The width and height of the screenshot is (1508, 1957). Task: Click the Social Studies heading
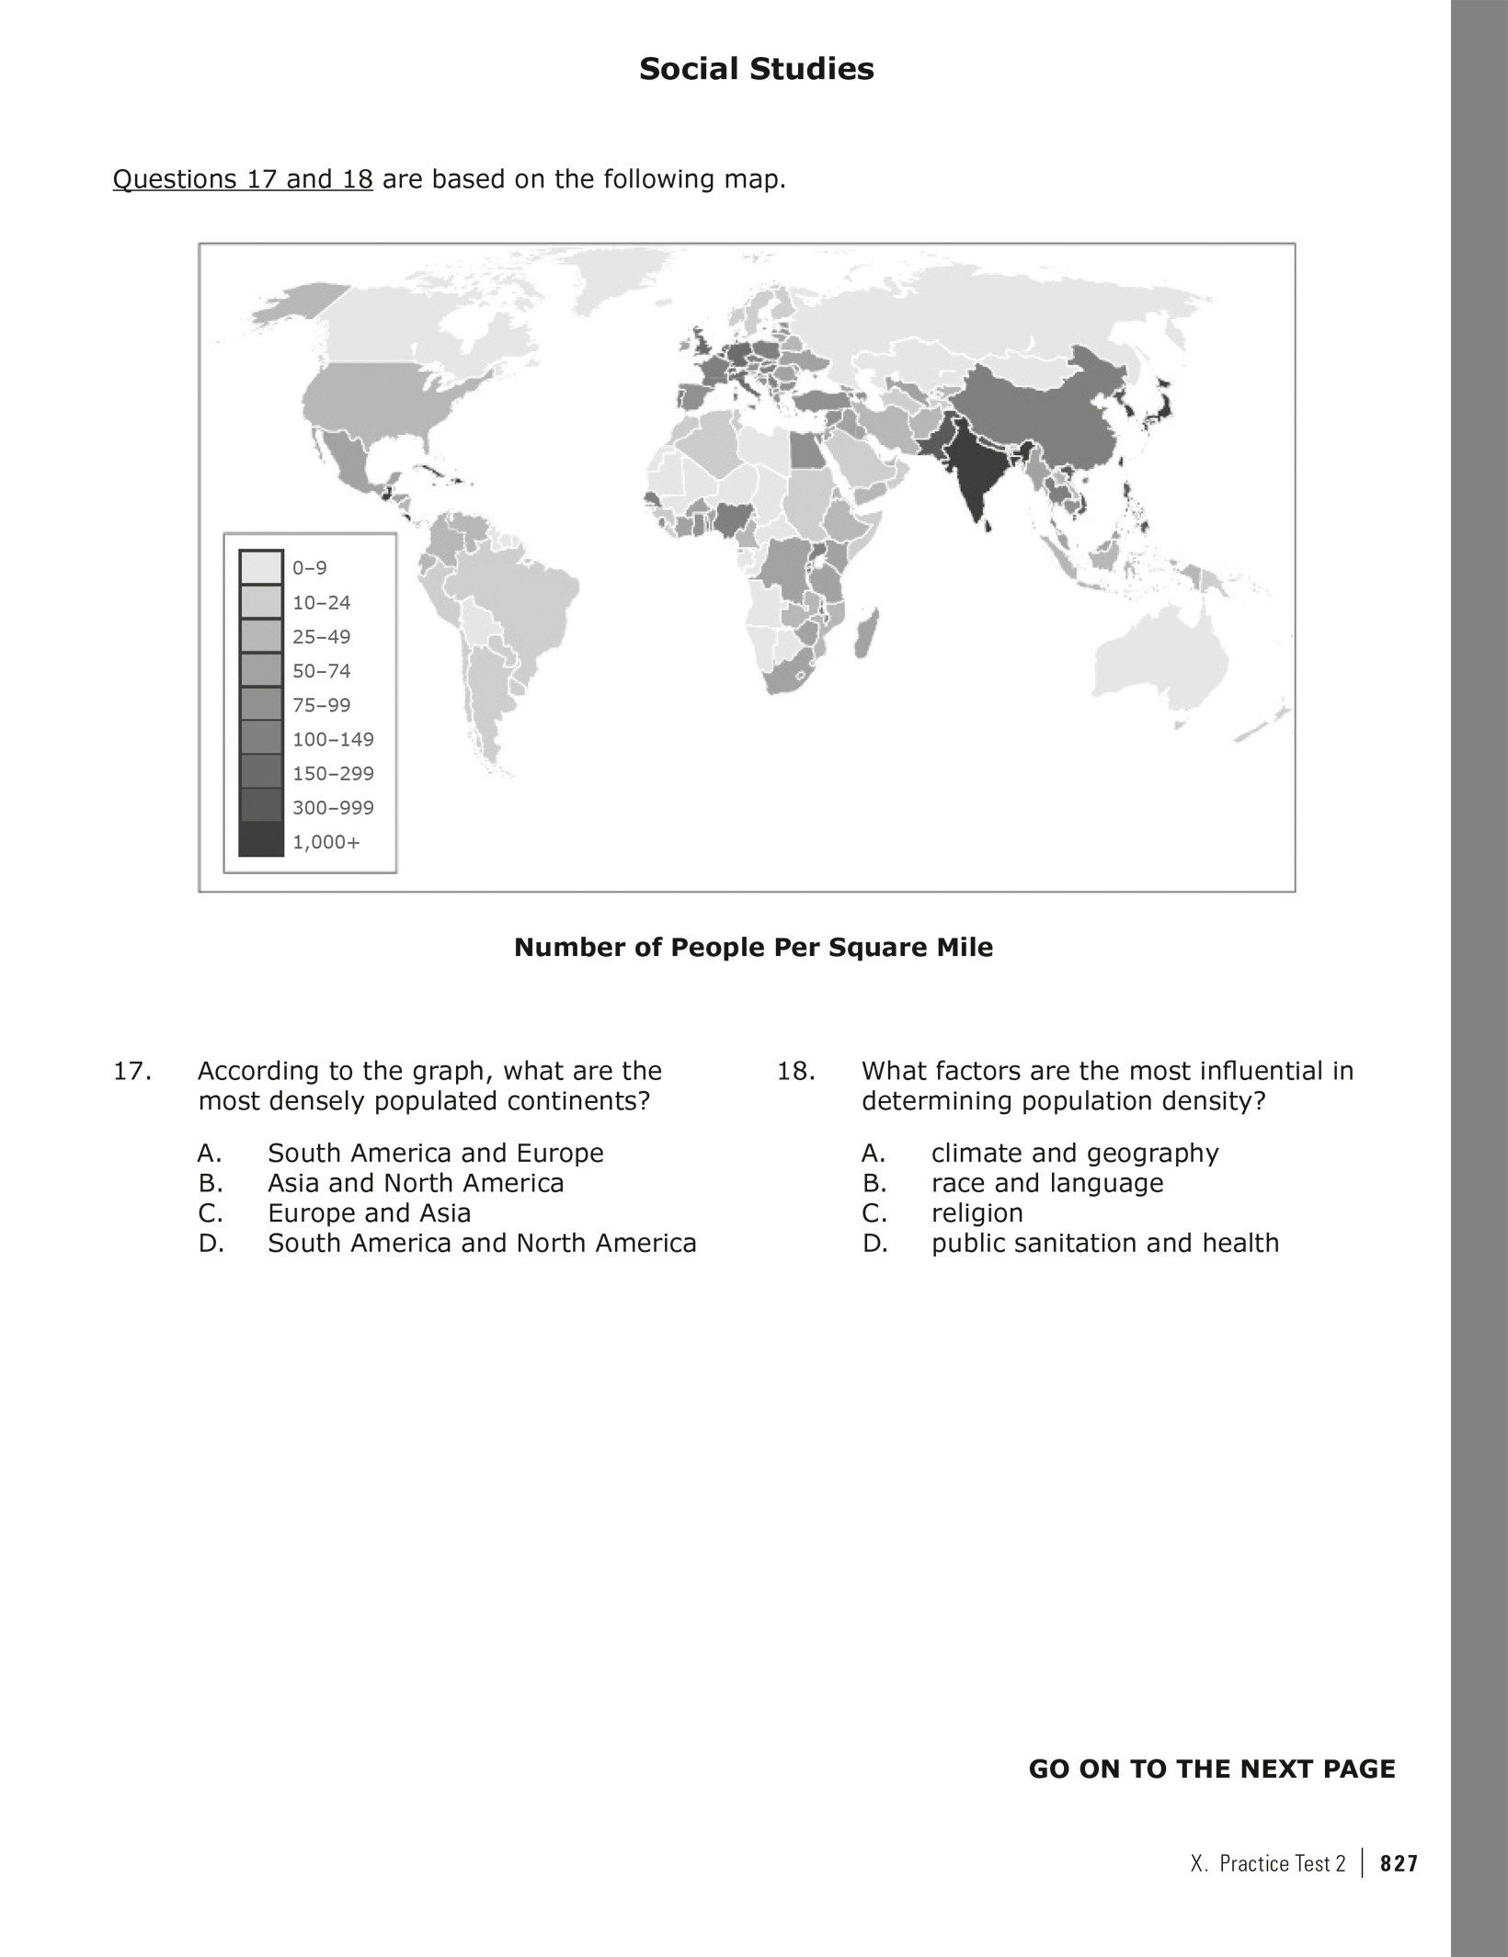pyautogui.click(x=756, y=69)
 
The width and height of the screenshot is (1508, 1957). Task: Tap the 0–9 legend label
pyautogui.click(x=310, y=568)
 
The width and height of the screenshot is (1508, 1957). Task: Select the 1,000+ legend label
pyautogui.click(x=326, y=842)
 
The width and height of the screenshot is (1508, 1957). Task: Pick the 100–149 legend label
pyautogui.click(x=333, y=739)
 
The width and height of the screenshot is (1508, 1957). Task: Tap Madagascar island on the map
pyautogui.click(x=865, y=633)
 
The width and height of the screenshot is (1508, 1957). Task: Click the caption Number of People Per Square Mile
pyautogui.click(x=753, y=948)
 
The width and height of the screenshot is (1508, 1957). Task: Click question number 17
pyautogui.click(x=131, y=1072)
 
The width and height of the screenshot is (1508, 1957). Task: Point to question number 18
pyautogui.click(x=796, y=1072)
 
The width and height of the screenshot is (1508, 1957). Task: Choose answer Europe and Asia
pyautogui.click(x=369, y=1213)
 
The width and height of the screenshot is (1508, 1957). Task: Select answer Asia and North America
pyautogui.click(x=416, y=1183)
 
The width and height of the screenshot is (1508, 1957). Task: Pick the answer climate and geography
pyautogui.click(x=1075, y=1154)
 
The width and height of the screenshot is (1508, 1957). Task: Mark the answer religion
pyautogui.click(x=977, y=1213)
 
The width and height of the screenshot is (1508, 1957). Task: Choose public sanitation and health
pyautogui.click(x=1105, y=1244)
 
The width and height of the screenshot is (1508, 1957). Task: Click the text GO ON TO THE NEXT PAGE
pyautogui.click(x=1211, y=1769)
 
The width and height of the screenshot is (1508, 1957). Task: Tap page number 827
pyautogui.click(x=1399, y=1863)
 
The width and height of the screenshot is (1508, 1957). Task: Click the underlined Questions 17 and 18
pyautogui.click(x=243, y=179)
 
